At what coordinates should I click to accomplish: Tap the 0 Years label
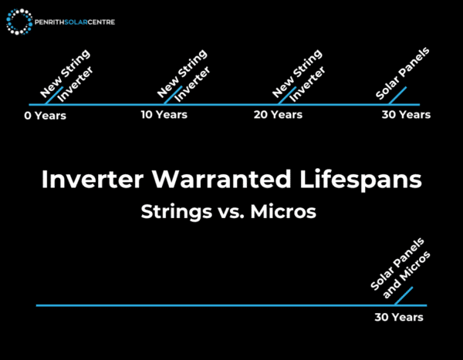(x=46, y=116)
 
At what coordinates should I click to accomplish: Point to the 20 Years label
(x=278, y=115)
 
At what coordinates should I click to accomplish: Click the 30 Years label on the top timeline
(x=405, y=115)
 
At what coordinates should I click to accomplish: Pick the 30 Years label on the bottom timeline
(x=399, y=317)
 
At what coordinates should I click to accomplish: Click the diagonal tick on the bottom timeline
(x=404, y=297)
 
